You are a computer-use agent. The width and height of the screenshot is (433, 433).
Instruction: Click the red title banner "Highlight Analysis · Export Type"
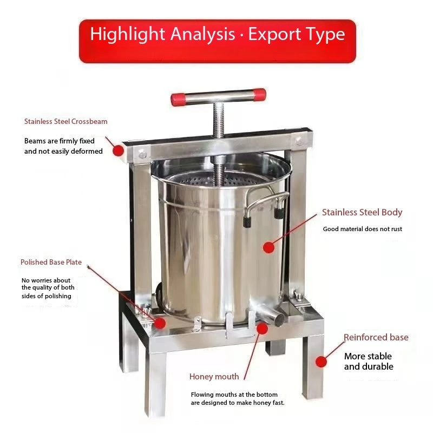217,34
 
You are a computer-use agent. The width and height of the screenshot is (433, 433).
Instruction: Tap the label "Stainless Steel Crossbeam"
65,122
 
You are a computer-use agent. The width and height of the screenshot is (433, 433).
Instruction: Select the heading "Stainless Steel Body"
362,212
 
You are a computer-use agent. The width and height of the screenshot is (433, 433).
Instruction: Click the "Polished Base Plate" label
51,263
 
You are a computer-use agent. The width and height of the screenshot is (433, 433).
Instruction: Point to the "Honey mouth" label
214,377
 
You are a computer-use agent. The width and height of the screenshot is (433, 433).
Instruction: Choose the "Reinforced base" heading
376,337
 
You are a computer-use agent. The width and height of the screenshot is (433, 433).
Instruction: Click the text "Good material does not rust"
362,229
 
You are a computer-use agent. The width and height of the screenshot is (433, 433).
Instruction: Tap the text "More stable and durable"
368,362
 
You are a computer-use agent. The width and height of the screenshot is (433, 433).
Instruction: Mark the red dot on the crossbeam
118,151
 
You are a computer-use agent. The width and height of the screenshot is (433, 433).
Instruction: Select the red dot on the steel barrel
268,247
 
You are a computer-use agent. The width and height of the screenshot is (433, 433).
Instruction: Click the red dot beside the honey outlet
263,327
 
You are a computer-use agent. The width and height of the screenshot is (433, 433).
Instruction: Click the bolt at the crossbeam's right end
298,142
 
